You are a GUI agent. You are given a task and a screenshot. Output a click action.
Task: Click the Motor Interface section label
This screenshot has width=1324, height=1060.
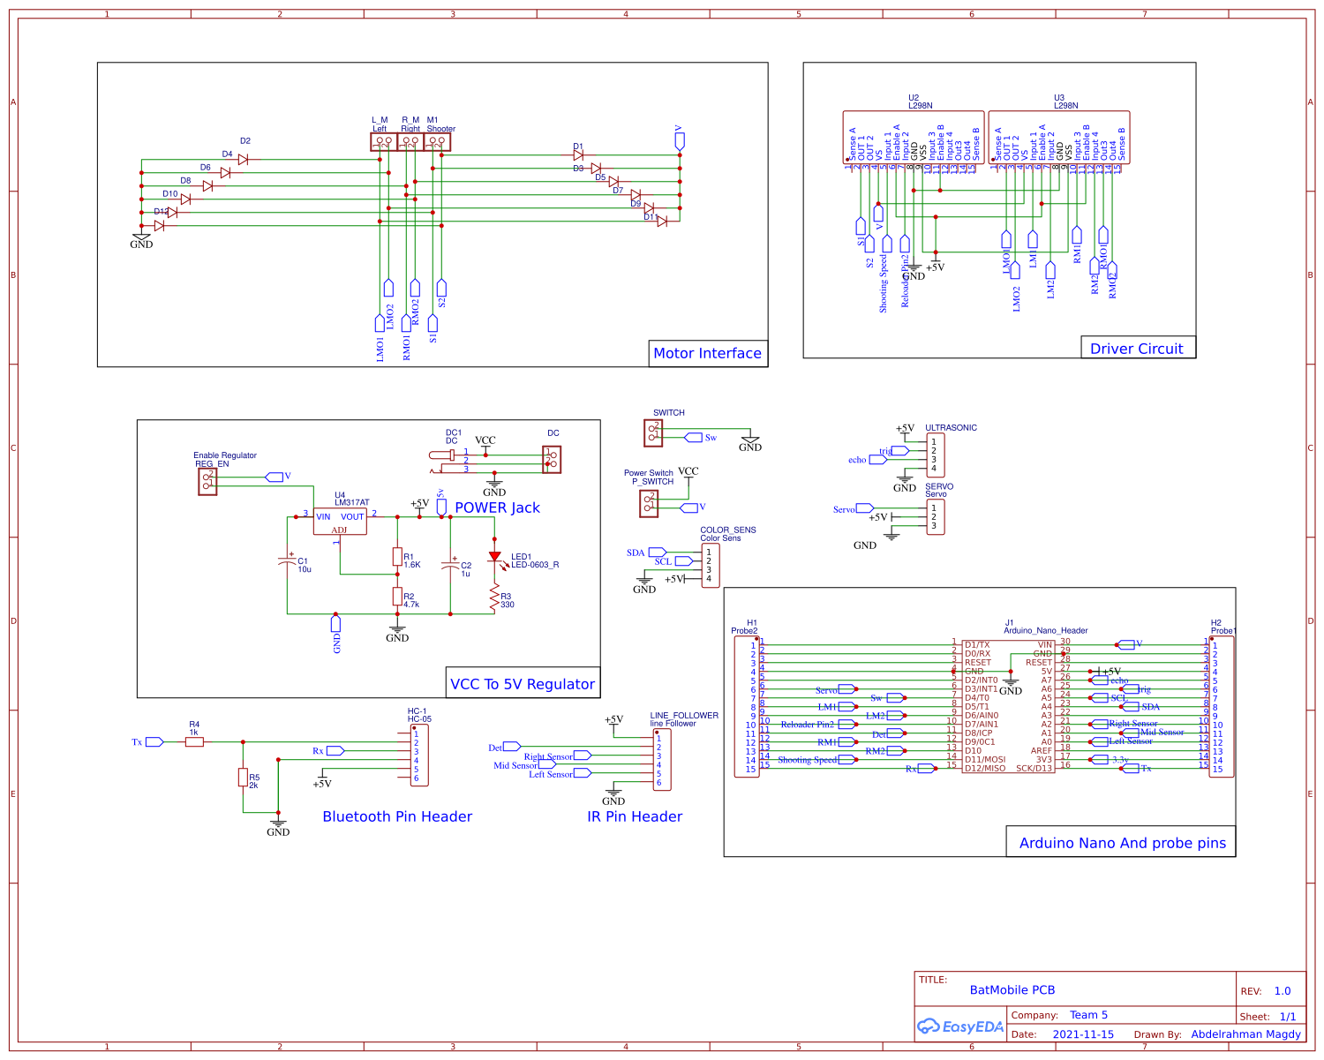(707, 353)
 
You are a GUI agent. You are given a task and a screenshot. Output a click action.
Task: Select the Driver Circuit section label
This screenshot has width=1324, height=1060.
(1136, 349)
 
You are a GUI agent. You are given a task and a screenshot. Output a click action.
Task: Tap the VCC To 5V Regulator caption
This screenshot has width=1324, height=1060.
(523, 684)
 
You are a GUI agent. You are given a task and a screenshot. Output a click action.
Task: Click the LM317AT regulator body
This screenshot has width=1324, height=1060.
(340, 522)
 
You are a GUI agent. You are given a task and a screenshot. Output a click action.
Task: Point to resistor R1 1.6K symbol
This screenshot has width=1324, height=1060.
(397, 557)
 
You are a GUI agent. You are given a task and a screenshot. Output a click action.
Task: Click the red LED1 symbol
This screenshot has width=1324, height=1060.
(494, 558)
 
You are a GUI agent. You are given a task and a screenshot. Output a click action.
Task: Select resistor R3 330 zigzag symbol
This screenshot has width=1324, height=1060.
(494, 600)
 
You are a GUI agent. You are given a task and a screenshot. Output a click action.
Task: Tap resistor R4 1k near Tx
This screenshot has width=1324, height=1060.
(194, 742)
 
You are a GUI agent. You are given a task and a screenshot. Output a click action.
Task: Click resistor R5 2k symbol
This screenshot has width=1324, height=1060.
(243, 777)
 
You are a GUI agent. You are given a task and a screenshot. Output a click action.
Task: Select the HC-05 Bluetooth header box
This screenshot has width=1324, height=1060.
(420, 755)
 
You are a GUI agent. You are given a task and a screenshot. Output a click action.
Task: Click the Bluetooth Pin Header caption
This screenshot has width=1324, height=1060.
(397, 816)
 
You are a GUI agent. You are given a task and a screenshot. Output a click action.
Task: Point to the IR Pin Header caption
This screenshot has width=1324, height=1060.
(635, 816)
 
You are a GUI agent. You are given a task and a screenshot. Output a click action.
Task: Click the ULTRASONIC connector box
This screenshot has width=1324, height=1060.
(935, 455)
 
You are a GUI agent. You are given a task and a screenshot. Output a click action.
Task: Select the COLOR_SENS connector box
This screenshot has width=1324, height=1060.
(710, 565)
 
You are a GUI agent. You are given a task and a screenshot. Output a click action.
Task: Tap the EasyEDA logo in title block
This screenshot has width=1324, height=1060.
(960, 1026)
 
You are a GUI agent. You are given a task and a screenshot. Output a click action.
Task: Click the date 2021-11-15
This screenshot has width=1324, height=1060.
(1083, 1034)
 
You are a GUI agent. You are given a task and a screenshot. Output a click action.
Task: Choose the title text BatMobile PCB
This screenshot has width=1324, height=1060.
(1012, 990)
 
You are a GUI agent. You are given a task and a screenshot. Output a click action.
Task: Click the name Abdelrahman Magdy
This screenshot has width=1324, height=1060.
(1245, 1034)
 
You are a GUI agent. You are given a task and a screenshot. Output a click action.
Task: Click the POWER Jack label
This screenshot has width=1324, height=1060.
(497, 507)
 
